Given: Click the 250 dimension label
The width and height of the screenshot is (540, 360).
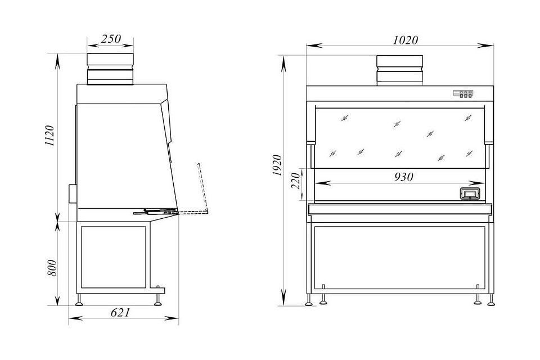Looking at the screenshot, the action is coord(111,39).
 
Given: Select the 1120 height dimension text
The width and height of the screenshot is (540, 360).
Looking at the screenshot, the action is coord(50,136).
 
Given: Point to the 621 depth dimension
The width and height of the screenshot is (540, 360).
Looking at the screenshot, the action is coord(120,312).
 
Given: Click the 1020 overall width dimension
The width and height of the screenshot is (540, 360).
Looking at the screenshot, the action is coord(406,40).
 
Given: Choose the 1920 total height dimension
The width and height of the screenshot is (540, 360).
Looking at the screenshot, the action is coord(277,166).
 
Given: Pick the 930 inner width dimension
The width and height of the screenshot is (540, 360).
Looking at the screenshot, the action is coord(403,177).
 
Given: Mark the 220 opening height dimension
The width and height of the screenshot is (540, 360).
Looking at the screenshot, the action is coord(296,181).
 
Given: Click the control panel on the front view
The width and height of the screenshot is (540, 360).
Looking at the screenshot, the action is coord(463,94).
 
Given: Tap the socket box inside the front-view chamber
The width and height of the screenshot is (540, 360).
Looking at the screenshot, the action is coord(469,193).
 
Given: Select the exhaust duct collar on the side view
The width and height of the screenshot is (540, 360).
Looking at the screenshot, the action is coord(110,69).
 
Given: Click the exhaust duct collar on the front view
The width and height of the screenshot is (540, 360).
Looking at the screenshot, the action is coord(399,70).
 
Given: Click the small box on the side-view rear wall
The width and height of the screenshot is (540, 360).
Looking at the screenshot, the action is coord(73,194).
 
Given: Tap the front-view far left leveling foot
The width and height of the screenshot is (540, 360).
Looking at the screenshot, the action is coord(309,300).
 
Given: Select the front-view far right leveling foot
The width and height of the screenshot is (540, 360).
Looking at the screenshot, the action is coord(491,300).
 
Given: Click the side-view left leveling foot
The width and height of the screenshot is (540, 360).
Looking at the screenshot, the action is coord(79,300).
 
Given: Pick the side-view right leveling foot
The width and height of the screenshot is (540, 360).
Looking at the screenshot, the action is coord(158,300).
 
